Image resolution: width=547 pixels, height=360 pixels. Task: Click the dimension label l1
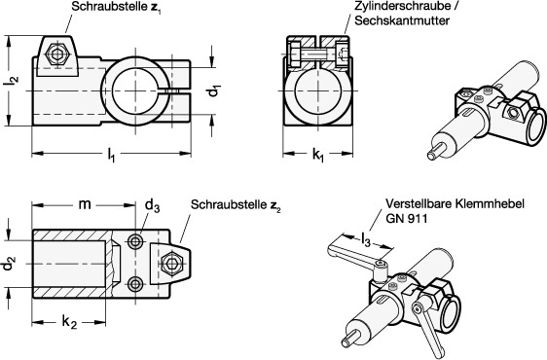(111, 155)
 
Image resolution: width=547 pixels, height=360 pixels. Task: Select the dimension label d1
(214, 91)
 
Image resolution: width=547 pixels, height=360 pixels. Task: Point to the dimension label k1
(318, 155)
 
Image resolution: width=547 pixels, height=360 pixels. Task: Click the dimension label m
(85, 204)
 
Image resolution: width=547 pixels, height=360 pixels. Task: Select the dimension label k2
(69, 322)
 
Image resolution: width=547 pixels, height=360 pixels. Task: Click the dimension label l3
(366, 240)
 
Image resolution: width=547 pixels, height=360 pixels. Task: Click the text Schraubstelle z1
(117, 7)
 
